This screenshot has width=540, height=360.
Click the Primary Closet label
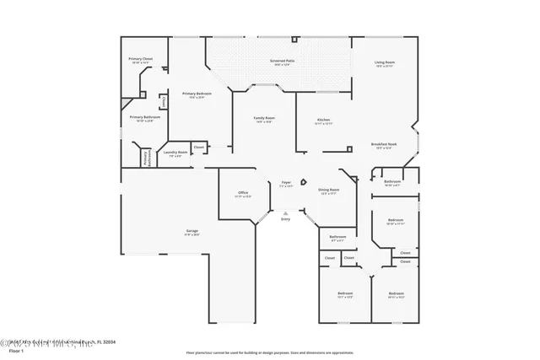click(x=141, y=59)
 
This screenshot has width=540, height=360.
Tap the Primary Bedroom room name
click(x=194, y=94)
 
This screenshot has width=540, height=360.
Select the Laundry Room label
click(x=176, y=152)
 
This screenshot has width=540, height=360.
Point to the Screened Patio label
click(x=282, y=62)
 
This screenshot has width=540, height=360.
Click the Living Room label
click(x=385, y=62)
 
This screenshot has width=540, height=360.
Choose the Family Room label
click(x=264, y=118)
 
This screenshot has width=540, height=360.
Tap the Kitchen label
click(x=323, y=120)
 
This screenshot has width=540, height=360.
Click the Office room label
click(x=242, y=193)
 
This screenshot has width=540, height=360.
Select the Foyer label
click(x=286, y=182)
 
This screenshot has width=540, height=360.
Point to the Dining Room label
click(x=328, y=190)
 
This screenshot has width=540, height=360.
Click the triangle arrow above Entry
click(x=285, y=212)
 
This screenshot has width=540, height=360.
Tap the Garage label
click(x=192, y=230)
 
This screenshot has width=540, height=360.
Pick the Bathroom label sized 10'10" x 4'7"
click(x=391, y=181)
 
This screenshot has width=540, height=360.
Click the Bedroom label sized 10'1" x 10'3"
click(x=344, y=293)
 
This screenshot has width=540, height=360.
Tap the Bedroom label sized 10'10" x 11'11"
click(x=396, y=221)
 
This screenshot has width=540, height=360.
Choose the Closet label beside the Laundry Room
click(x=199, y=148)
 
